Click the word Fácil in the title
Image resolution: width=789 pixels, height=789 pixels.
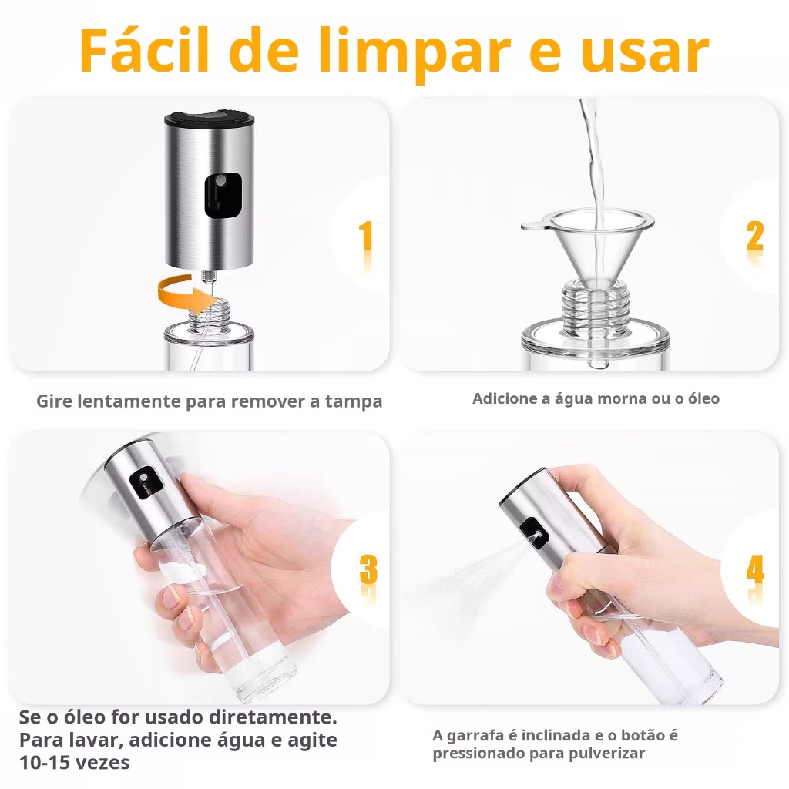[x=144, y=50]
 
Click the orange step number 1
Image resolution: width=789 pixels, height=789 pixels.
[x=366, y=236]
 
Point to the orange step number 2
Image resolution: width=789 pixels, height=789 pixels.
[x=755, y=236]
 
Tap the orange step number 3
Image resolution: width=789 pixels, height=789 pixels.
[x=368, y=569]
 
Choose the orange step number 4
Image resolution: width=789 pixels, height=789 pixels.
[x=755, y=570]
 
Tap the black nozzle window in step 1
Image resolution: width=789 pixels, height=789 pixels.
[x=223, y=195]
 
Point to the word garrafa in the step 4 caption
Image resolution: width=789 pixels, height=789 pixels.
[x=475, y=736]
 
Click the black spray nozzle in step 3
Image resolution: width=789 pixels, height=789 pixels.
[x=146, y=483]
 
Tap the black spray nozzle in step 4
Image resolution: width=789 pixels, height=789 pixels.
[x=534, y=534]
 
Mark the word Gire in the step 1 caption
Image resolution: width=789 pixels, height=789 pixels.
[x=54, y=401]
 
